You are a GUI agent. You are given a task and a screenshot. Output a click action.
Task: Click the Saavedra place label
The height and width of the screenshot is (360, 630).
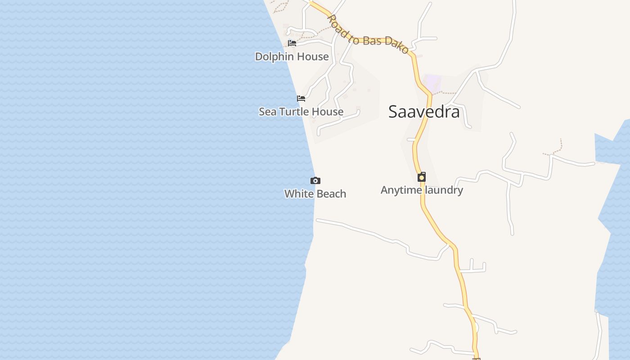(424, 112)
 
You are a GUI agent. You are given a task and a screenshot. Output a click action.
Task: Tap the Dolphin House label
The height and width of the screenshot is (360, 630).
(292, 57)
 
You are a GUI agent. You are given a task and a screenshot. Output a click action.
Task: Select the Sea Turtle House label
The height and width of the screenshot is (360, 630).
(301, 112)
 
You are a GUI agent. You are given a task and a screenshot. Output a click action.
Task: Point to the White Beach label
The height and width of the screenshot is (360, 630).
(315, 194)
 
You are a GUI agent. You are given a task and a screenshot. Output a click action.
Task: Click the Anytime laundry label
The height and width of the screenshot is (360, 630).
(422, 190)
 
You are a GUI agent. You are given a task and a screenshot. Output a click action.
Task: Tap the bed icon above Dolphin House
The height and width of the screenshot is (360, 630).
(292, 43)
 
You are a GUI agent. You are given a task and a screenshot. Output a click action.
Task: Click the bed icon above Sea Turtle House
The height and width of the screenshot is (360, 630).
(301, 98)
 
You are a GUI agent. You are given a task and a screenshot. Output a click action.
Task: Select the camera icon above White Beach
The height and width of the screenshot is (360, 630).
(315, 180)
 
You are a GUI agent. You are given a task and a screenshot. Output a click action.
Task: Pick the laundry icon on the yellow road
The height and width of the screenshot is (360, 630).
(422, 177)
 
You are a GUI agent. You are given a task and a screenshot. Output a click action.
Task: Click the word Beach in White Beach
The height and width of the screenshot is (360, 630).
(331, 194)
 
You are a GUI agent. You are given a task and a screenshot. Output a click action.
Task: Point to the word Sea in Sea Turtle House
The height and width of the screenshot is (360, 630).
(267, 112)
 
